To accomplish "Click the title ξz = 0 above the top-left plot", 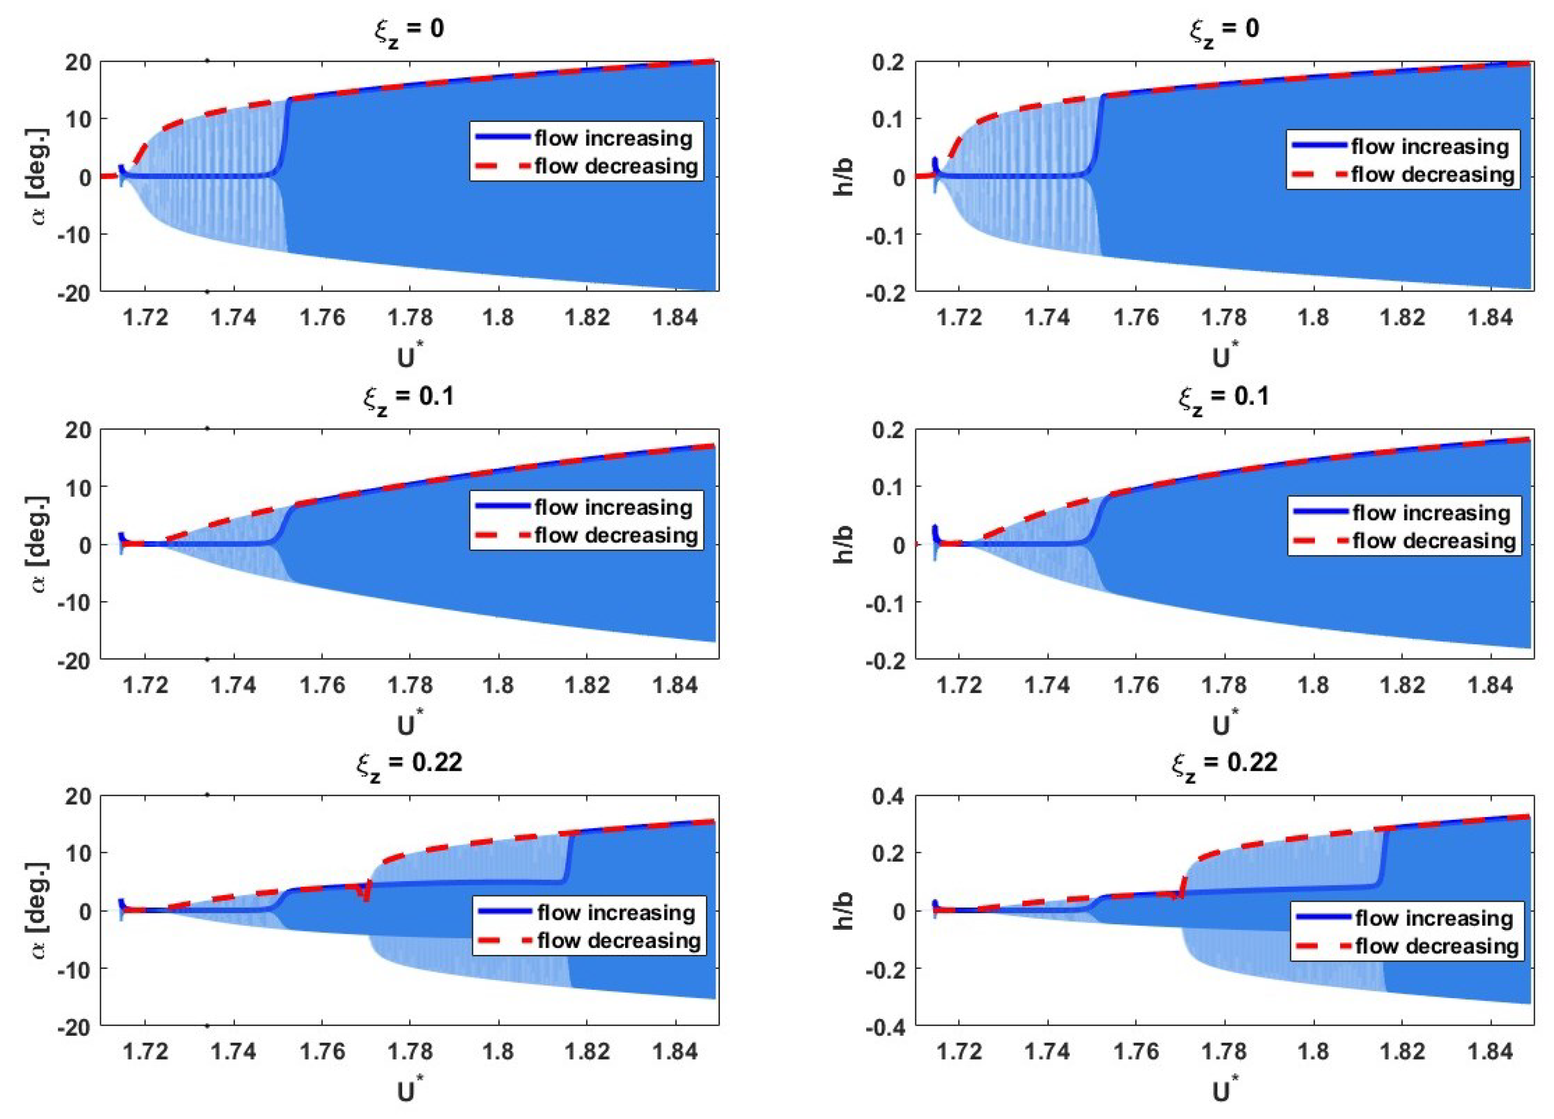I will (x=409, y=31).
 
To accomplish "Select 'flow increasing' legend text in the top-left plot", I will (x=613, y=138).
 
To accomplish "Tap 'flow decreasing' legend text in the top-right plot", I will (x=1432, y=175).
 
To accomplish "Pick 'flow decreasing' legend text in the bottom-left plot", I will (x=619, y=940).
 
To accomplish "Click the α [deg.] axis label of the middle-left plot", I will (x=42, y=544).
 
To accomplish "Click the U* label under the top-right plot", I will (x=1225, y=357).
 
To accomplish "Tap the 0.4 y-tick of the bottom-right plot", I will (x=888, y=796).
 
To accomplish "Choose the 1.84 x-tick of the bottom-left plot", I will (x=675, y=1051).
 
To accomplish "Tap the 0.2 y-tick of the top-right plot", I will (x=888, y=62).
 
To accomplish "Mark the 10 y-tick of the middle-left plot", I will (x=81, y=487).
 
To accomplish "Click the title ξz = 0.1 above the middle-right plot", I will (x=1224, y=398).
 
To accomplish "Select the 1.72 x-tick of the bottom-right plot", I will (x=959, y=1051).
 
